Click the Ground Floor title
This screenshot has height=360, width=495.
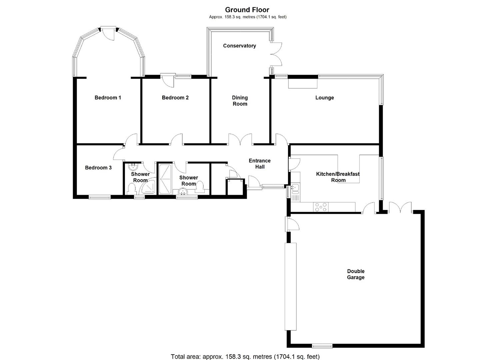tap(247, 10)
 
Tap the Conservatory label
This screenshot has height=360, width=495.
tap(239, 46)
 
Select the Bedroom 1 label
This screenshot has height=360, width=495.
tap(108, 98)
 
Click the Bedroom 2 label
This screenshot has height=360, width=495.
tap(175, 98)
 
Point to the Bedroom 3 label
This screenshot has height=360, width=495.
tap(98, 168)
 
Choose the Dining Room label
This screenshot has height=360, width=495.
tap(240, 101)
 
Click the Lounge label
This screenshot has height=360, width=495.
tap(324, 98)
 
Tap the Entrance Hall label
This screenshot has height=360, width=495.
tap(260, 164)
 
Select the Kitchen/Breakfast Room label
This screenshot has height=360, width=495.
tap(338, 177)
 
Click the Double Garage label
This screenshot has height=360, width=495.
tap(356, 274)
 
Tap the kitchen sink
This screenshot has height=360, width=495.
tap(295, 189)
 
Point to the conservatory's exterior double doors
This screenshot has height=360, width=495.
tap(276, 54)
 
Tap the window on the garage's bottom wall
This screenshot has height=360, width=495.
tap(322, 345)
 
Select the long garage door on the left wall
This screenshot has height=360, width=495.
tap(290, 287)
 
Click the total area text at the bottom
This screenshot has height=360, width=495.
tap(245, 357)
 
